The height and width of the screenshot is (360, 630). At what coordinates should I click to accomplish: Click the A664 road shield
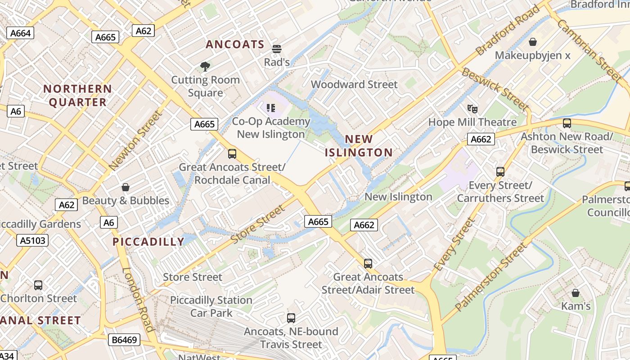click(21, 33)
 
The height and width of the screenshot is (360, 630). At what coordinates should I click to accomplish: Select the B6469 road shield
click(124, 340)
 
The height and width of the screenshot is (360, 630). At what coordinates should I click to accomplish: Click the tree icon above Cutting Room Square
click(205, 67)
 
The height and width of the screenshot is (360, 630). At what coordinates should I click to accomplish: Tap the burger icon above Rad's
click(277, 49)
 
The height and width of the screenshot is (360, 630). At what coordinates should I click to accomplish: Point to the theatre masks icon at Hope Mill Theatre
click(472, 108)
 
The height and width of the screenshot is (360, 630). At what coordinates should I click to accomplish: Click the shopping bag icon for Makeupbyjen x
click(533, 42)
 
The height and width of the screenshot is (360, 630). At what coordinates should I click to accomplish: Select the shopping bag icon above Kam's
click(575, 293)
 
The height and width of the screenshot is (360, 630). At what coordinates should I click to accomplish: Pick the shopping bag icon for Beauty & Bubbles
click(126, 187)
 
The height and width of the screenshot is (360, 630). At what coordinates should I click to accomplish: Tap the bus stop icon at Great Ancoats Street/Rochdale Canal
click(232, 154)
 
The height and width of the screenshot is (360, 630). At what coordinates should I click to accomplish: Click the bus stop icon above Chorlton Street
click(38, 285)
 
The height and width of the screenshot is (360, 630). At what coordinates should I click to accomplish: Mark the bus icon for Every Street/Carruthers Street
click(500, 171)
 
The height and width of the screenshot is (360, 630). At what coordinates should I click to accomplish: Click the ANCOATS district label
click(235, 44)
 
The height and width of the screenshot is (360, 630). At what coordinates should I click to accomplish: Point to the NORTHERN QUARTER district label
click(78, 95)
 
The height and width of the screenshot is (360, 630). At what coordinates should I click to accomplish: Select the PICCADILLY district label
click(148, 242)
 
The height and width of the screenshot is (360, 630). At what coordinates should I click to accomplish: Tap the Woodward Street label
click(354, 84)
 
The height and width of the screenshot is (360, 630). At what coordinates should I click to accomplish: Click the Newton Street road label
click(135, 140)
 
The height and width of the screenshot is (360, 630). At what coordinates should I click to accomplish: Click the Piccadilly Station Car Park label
click(211, 306)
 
